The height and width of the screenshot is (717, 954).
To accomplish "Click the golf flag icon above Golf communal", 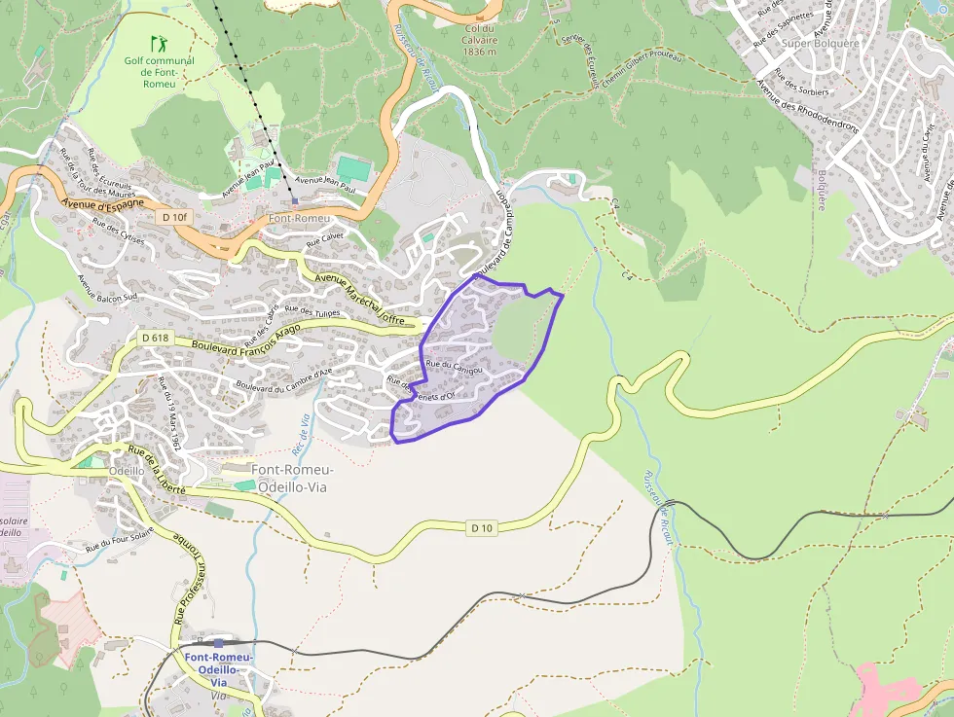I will (158, 44).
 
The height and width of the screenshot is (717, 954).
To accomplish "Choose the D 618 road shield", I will (155, 338).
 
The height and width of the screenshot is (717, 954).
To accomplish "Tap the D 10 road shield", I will (482, 527).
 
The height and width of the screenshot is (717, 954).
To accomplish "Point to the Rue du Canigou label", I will (454, 365).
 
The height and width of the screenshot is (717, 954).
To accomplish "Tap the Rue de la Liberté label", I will (156, 470).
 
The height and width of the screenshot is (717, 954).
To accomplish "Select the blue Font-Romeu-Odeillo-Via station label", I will (219, 663).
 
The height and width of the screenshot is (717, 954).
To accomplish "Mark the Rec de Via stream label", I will (302, 434).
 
